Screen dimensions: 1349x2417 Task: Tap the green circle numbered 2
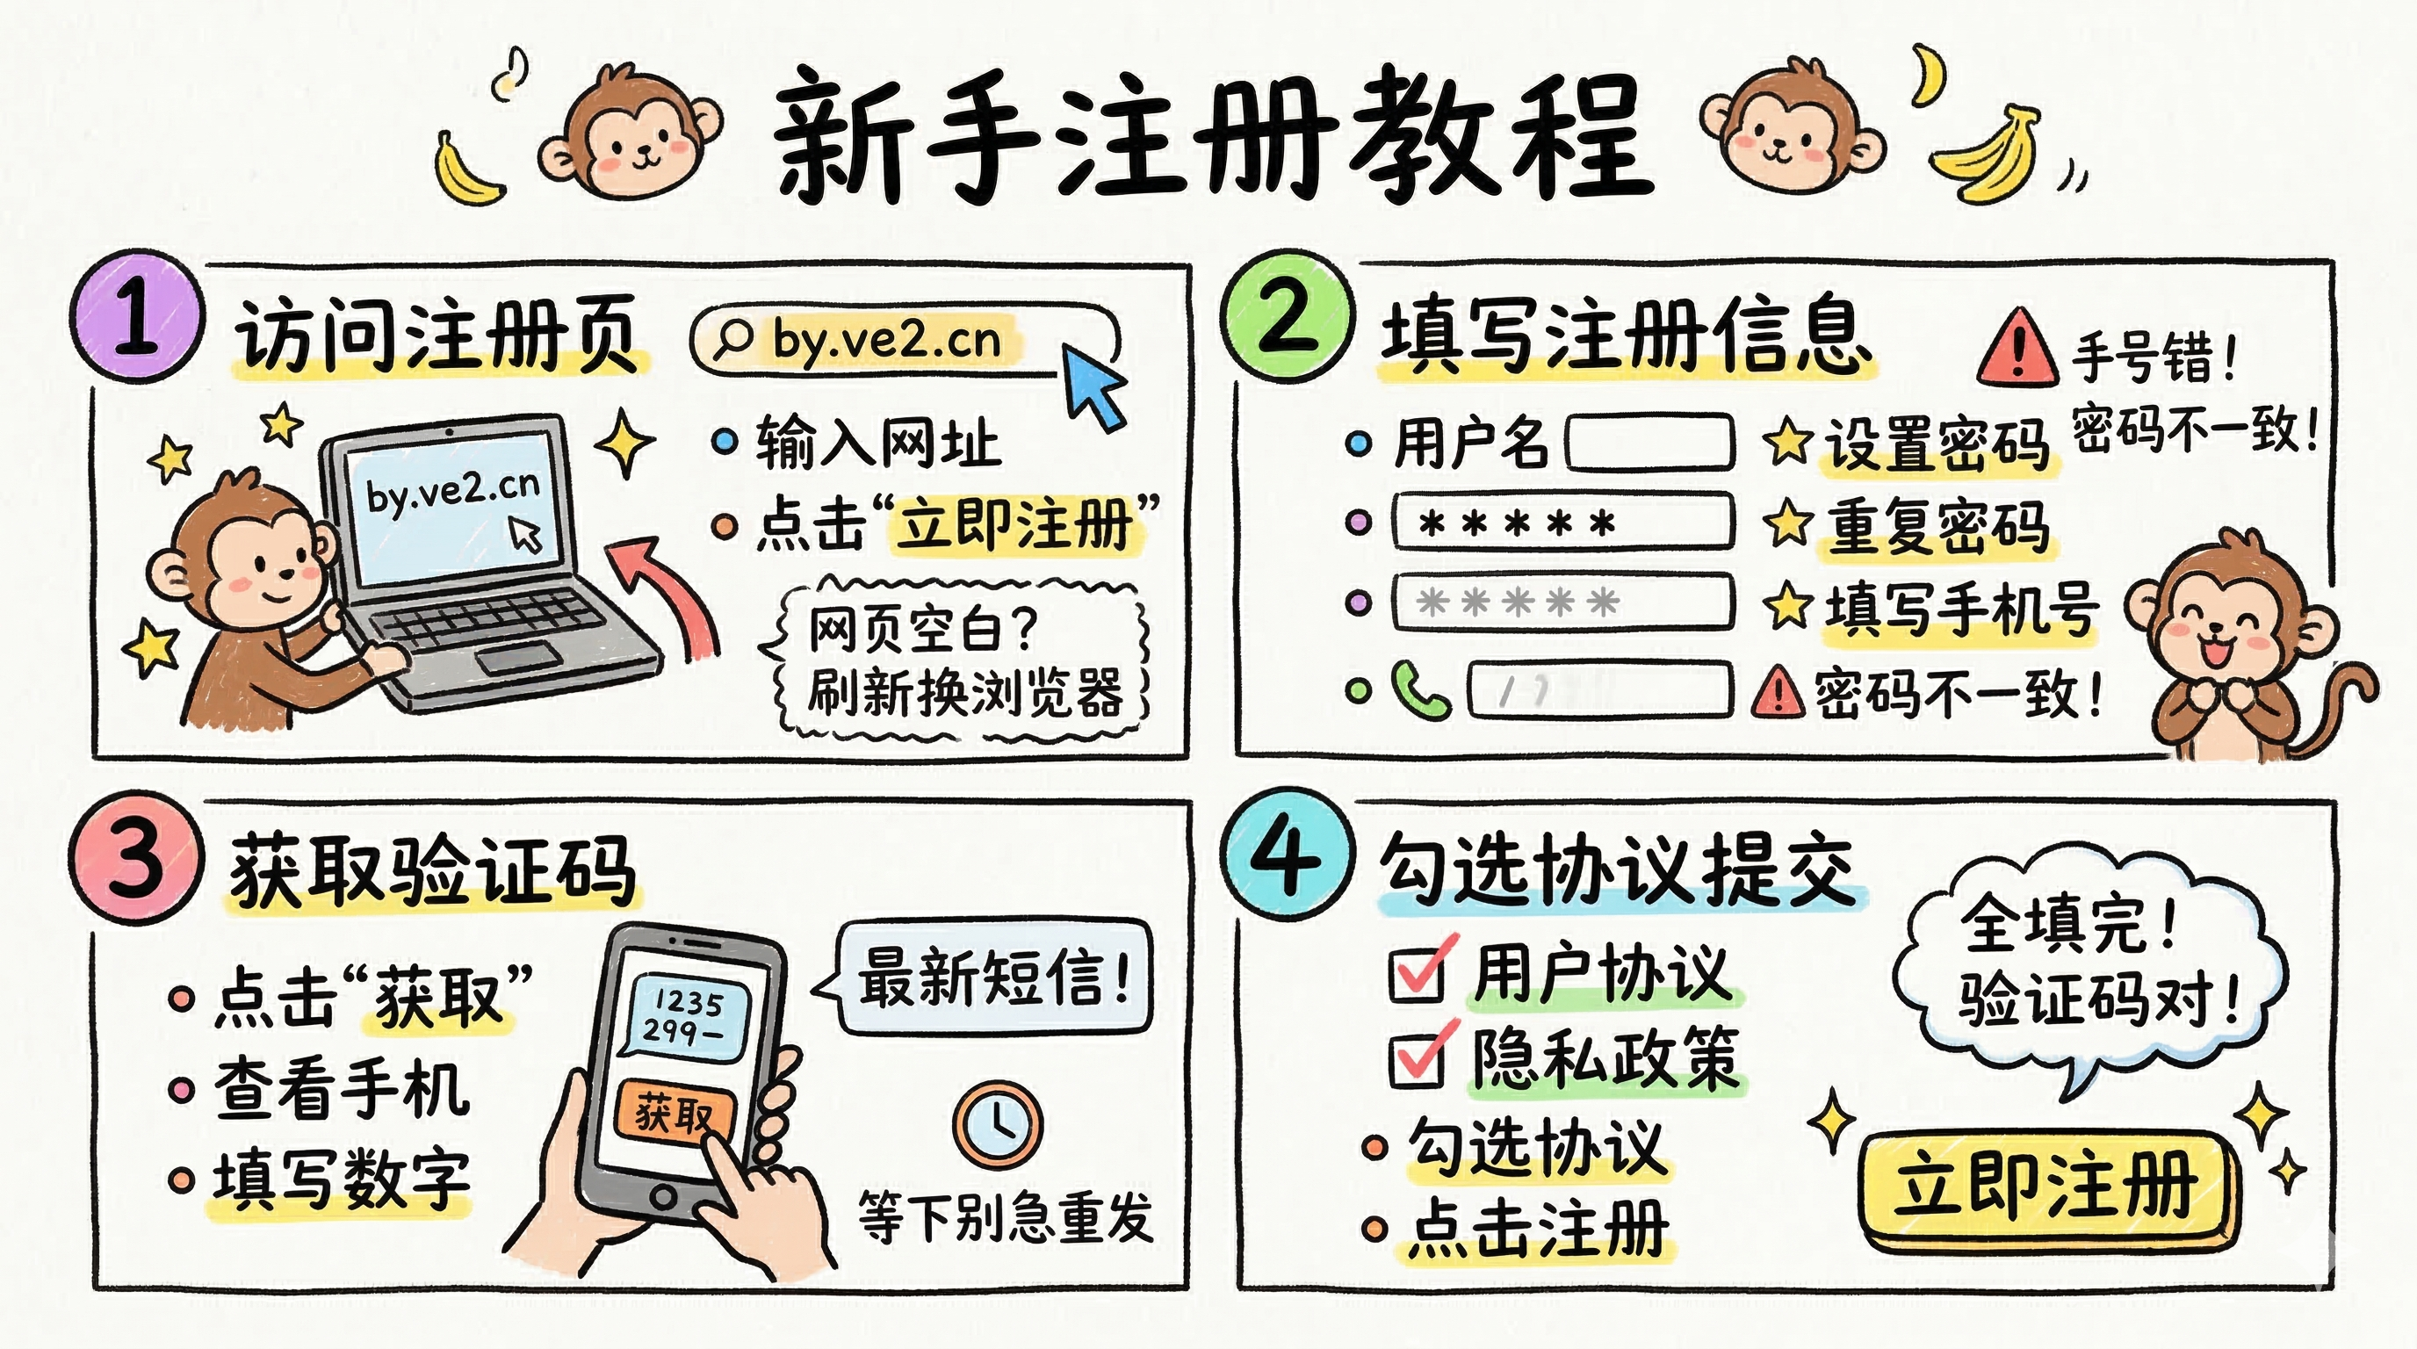click(x=1288, y=317)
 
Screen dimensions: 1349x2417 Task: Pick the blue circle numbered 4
click(x=1288, y=856)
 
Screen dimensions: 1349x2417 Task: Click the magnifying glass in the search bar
click(x=732, y=340)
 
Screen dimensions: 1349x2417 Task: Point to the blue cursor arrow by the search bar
click(x=1093, y=385)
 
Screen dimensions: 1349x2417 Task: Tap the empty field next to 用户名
click(x=1649, y=442)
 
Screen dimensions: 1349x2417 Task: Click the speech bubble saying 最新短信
click(x=992, y=977)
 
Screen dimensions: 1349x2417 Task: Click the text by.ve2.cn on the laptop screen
click(x=452, y=492)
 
